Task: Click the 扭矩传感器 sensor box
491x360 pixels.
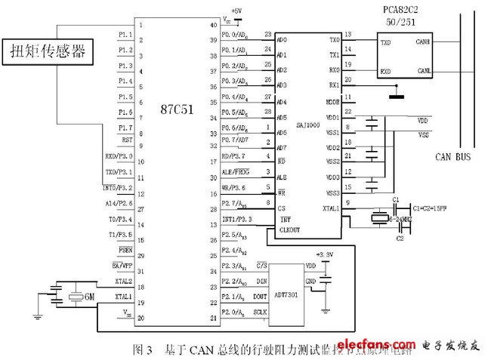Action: (48, 52)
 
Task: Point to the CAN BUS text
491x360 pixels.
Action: (454, 157)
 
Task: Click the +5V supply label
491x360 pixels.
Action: (238, 11)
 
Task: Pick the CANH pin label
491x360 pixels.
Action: (424, 43)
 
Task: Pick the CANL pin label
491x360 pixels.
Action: (424, 72)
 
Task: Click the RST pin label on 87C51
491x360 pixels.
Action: (126, 140)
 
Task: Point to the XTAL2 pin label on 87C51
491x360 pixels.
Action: (124, 281)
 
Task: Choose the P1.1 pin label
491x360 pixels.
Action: (125, 35)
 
